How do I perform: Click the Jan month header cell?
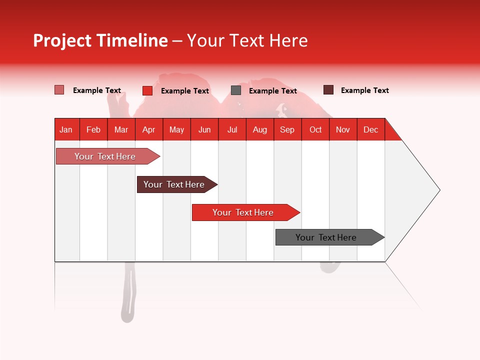(x=66, y=129)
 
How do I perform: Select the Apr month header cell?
(x=149, y=129)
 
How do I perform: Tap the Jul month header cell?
(x=232, y=129)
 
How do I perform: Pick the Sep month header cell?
(x=287, y=129)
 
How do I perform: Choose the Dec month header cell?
(x=370, y=129)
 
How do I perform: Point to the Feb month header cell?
(x=93, y=129)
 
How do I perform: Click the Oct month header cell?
(x=315, y=129)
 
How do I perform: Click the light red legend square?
(x=59, y=90)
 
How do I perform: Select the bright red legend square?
(x=147, y=90)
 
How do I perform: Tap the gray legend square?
(x=236, y=90)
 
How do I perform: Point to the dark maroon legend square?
(x=328, y=90)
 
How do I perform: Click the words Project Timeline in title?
(x=100, y=40)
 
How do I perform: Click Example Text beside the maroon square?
(x=364, y=90)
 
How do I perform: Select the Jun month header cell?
(x=204, y=129)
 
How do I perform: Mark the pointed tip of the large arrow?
(x=438, y=190)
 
